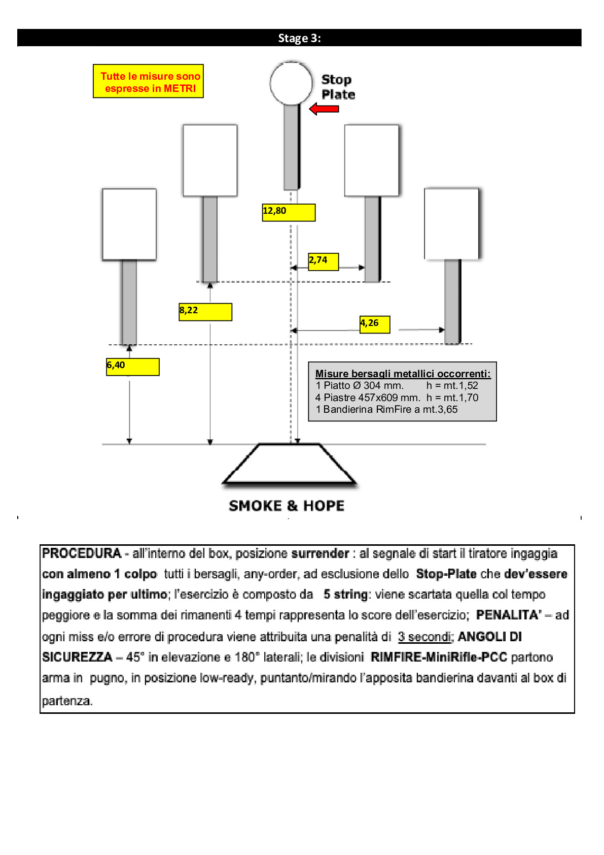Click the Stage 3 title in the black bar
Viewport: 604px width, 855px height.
click(299, 38)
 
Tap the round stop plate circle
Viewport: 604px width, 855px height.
click(291, 83)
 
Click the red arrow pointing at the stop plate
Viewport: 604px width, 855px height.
click(324, 109)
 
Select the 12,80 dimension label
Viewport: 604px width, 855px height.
click(288, 212)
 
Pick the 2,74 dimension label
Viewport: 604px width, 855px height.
click(323, 261)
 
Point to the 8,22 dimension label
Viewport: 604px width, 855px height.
click(205, 312)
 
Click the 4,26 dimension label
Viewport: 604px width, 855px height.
click(374, 324)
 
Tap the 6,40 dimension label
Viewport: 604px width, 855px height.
click(132, 367)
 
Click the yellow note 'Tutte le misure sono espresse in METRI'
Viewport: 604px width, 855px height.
click(149, 82)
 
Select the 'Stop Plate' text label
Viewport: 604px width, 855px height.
click(338, 87)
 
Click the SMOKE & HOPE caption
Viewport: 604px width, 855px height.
click(287, 506)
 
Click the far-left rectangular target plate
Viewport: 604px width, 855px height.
click(129, 224)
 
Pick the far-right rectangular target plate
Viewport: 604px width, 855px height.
click(451, 224)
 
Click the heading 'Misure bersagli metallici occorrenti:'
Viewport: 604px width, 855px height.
click(403, 374)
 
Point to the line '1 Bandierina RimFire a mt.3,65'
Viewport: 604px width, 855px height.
click(386, 410)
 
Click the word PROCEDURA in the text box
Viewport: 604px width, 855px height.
click(82, 553)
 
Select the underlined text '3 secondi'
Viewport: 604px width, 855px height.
click(424, 637)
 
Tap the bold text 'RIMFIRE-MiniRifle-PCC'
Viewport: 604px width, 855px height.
click(439, 657)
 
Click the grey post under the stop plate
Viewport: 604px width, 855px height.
click(292, 147)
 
